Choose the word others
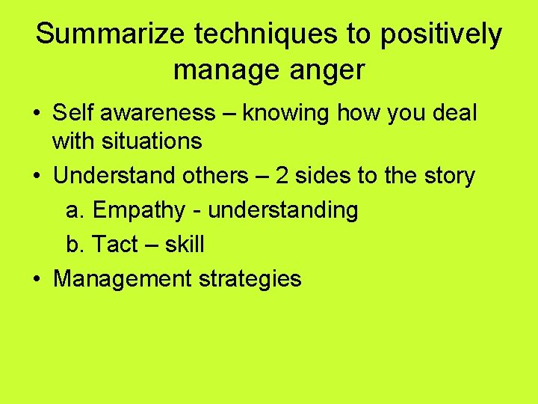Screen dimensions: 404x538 pos(207,176)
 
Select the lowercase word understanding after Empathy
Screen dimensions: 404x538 pos(283,211)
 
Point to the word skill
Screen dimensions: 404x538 pos(185,245)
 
